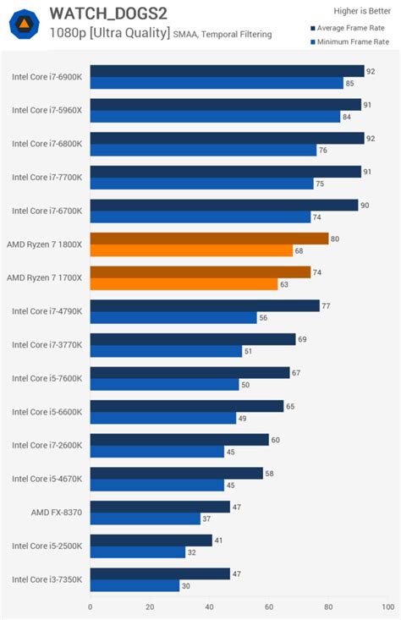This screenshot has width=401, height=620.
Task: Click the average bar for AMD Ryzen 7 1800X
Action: [209, 239]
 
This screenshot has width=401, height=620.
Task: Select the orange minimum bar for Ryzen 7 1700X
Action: [184, 284]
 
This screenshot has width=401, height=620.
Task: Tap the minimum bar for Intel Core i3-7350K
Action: [135, 585]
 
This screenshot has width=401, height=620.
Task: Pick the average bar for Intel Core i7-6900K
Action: [227, 71]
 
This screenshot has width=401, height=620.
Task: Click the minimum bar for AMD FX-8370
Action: [145, 518]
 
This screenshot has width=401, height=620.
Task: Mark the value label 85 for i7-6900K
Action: [350, 83]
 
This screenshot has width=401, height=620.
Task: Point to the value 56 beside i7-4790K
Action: [264, 318]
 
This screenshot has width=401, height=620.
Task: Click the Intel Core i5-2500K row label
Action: [47, 546]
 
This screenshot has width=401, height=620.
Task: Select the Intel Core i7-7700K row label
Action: [47, 177]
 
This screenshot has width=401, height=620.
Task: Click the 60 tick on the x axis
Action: [269, 606]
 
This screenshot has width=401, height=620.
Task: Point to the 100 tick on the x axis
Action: [388, 606]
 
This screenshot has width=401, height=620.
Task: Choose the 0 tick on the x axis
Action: [91, 606]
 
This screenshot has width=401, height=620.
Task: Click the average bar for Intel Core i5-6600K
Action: [187, 406]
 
